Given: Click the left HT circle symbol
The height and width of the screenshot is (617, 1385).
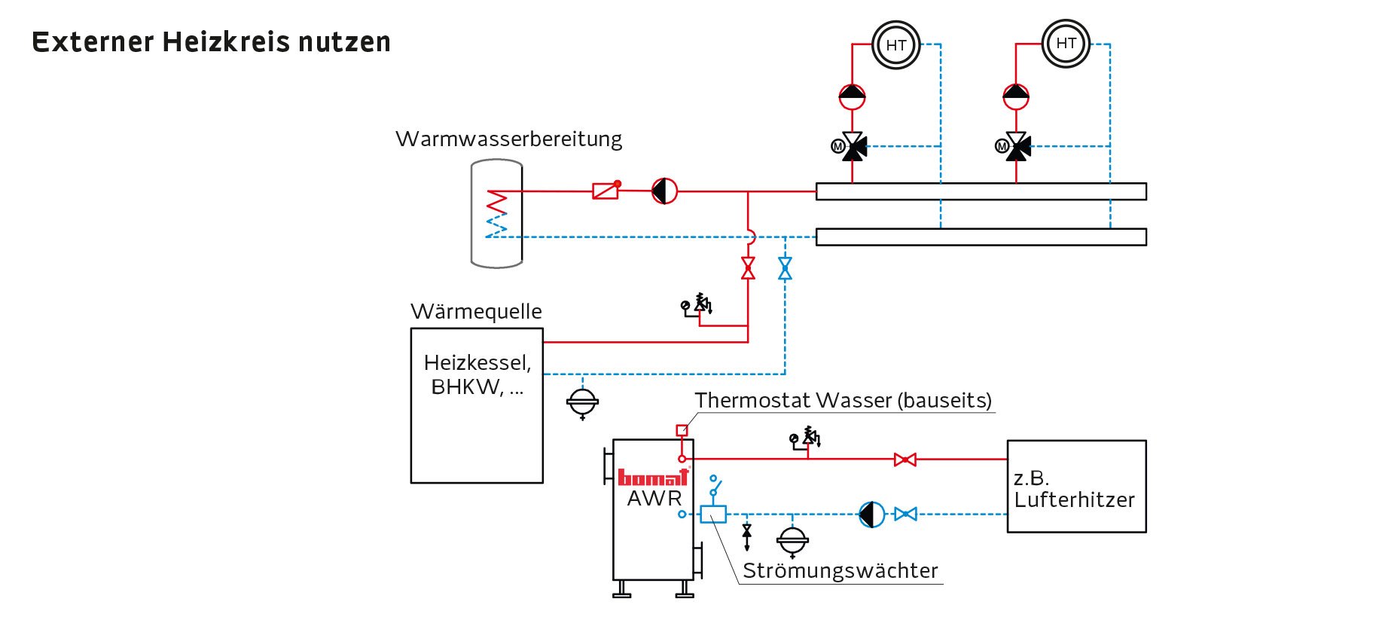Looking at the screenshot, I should point(895,45).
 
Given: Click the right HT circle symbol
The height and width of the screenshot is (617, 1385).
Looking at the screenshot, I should point(1066,44).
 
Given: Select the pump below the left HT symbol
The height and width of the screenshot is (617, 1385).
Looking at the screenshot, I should point(852,96).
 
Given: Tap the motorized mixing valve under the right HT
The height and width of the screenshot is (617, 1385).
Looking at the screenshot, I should point(1017,146).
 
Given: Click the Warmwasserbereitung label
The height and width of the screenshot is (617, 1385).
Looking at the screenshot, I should point(508,139).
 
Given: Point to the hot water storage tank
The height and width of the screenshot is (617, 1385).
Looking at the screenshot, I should point(496,214).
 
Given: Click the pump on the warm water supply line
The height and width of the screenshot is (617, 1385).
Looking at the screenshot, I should point(664,191).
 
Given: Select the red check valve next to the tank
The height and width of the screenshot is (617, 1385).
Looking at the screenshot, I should point(606,191).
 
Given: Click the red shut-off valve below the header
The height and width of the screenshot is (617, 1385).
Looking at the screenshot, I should point(748,268).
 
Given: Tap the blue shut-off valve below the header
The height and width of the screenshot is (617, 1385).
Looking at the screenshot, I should point(785,268).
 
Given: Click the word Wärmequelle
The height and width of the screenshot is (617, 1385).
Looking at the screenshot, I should point(476,312).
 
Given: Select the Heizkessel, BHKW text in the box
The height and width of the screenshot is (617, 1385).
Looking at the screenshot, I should point(477,374).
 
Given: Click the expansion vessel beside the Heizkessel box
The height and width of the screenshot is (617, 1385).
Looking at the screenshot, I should point(582,402).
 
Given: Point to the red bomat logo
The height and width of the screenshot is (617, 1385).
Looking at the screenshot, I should point(653,477).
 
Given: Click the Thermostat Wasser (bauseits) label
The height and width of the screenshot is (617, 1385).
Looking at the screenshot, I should point(843,401).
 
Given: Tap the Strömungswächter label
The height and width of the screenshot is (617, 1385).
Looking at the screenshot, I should point(840,571).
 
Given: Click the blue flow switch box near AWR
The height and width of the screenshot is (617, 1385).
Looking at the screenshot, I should point(713,515).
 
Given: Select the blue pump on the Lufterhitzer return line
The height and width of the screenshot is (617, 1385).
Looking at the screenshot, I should point(872,515).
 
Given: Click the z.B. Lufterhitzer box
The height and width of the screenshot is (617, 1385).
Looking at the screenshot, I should point(1076,487).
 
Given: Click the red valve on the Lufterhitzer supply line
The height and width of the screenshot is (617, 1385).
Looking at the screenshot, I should point(905,460).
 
